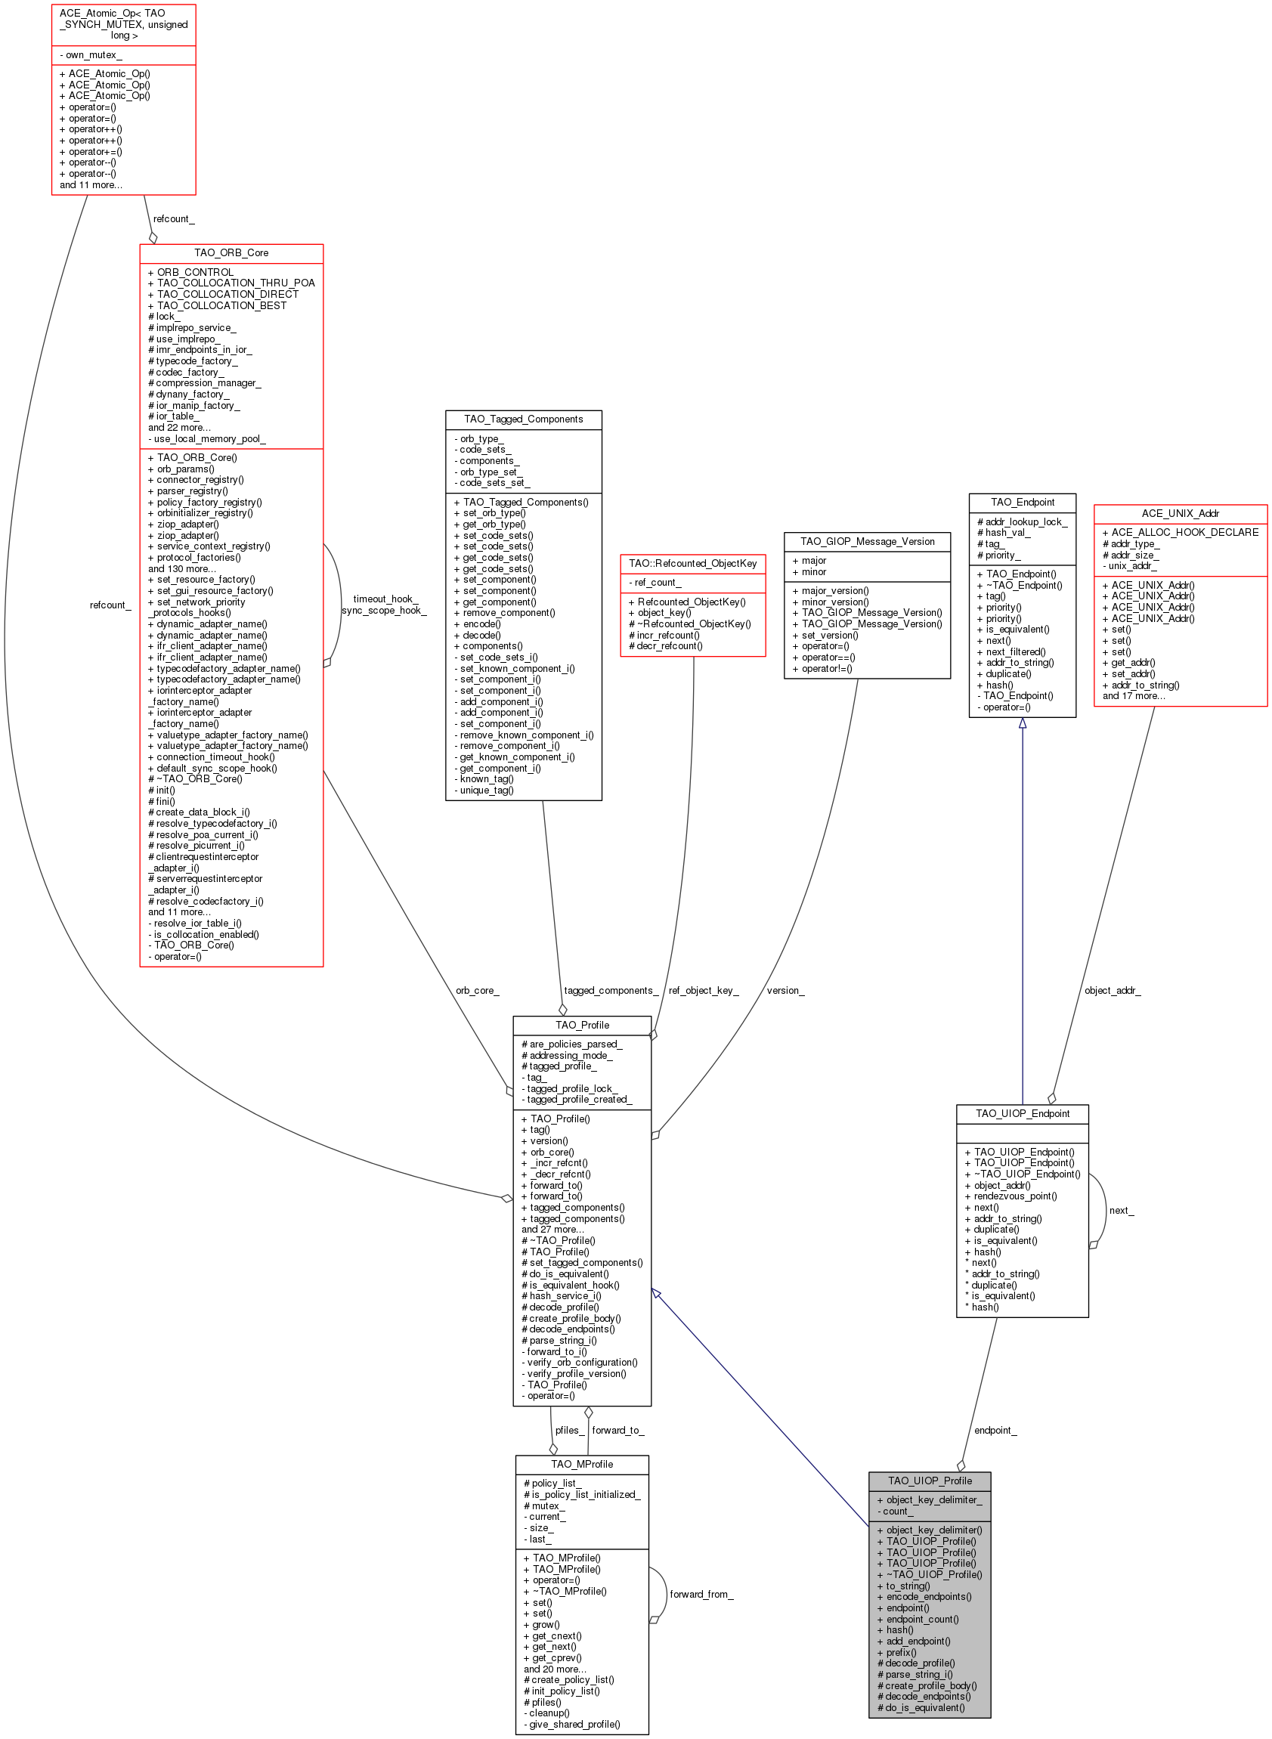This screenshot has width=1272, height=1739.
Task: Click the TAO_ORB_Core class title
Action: point(231,252)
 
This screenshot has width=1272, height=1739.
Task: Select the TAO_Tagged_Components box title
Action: point(524,419)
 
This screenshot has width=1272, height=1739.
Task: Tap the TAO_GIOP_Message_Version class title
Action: point(867,541)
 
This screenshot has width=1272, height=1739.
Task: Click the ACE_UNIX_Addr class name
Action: point(1181,513)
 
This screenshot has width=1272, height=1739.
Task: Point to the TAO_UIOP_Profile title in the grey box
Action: point(930,1481)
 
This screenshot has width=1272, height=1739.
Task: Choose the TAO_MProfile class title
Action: point(582,1464)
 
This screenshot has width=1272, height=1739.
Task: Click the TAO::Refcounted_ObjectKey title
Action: point(693,564)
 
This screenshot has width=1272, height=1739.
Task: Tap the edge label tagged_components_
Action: point(611,991)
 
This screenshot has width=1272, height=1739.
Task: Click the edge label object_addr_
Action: point(1113,991)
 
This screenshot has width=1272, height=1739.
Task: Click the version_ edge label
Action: point(785,991)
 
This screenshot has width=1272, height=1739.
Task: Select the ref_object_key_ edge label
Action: point(704,991)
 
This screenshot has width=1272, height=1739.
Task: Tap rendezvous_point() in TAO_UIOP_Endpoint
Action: point(1010,1196)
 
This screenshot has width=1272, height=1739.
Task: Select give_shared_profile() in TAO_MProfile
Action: point(572,1725)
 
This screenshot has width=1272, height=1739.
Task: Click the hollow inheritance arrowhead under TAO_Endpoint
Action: point(1023,723)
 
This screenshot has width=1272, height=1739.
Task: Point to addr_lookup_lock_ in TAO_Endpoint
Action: point(1022,522)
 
